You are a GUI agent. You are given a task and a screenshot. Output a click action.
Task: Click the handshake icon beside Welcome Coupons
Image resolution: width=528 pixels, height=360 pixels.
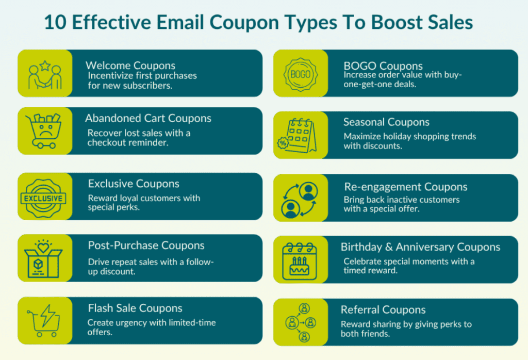45,74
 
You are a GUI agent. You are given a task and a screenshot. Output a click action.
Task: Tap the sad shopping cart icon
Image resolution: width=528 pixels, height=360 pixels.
44,131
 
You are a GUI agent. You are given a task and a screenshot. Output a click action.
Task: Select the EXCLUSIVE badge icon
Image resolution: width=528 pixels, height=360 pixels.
43,198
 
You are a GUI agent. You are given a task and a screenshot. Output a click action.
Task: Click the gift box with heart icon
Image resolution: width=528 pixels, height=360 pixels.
43,257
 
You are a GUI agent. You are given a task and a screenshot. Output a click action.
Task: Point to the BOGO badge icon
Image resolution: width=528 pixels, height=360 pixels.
300,74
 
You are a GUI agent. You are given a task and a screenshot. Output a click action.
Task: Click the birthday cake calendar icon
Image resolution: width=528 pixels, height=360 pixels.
300,260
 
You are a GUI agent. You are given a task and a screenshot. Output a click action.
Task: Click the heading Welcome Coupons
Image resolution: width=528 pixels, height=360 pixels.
130,66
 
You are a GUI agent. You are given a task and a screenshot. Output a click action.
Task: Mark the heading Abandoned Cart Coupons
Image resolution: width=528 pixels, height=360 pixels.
148,118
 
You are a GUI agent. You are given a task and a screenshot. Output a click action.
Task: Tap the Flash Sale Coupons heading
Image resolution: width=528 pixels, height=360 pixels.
135,308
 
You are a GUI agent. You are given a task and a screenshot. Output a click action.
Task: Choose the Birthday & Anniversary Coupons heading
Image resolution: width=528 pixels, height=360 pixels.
420,247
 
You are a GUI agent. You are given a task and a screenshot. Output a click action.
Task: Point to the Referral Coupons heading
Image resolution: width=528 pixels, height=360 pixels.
383,310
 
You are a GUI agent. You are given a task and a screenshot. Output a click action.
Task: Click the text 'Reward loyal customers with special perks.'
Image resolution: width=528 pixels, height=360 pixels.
144,203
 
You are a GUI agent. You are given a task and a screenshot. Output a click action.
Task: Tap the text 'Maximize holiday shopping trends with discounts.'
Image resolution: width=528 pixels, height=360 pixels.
409,141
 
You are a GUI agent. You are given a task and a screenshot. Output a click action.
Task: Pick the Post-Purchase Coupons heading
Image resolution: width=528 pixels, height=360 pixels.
146,246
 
